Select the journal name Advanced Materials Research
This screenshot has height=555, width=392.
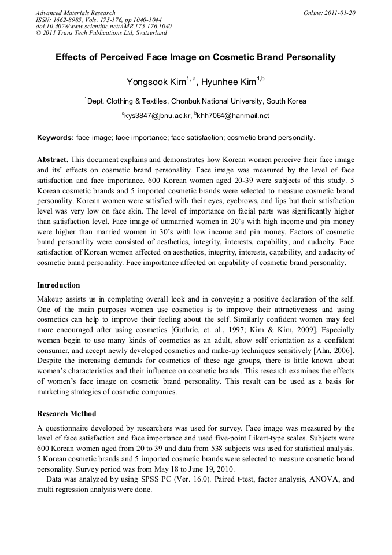tap(76, 13)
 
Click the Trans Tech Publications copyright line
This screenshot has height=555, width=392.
tap(101, 33)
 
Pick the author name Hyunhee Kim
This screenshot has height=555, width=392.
tap(228, 82)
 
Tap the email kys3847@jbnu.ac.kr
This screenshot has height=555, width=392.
tap(157, 116)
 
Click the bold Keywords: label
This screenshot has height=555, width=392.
tap(55, 138)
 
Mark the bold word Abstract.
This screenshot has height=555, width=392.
tap(53, 159)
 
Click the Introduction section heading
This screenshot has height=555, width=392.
tap(58, 285)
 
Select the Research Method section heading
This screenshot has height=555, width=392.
tap(66, 414)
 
